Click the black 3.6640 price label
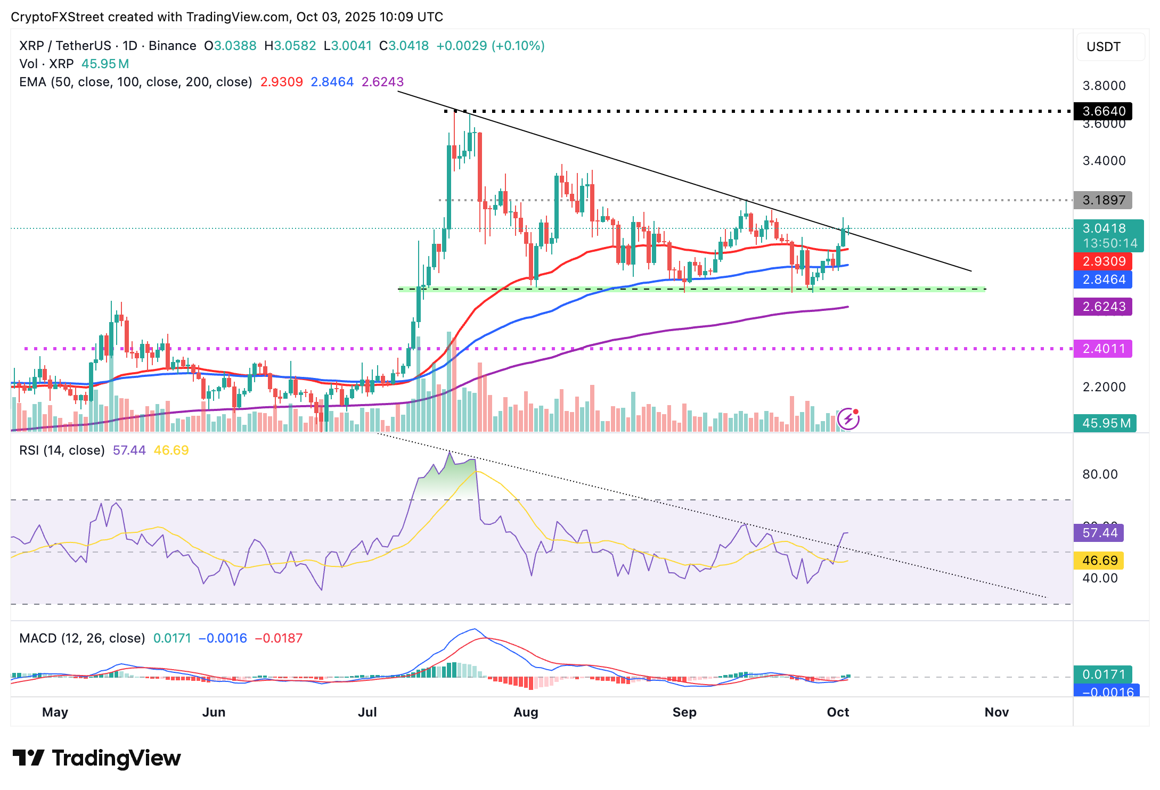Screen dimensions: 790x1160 click(1103, 111)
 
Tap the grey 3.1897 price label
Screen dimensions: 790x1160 click(1103, 200)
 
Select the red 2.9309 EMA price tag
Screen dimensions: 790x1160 click(1103, 261)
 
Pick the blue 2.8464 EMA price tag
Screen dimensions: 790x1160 click(1103, 279)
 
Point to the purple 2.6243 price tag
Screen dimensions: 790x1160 click(1103, 307)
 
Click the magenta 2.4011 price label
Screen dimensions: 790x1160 click(1103, 349)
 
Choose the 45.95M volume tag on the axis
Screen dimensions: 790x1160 click(1105, 423)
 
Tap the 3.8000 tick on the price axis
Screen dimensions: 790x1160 click(1104, 86)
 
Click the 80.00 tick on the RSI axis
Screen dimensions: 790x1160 click(1100, 474)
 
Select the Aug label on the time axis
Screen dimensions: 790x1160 click(526, 712)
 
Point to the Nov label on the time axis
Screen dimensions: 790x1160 click(996, 712)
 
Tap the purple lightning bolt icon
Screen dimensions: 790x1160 click(848, 419)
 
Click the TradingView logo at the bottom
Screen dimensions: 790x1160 click(96, 758)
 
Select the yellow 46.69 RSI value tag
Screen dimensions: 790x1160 click(1099, 561)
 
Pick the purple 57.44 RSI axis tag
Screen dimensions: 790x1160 click(1099, 533)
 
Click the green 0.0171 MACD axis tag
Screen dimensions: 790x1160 click(1103, 674)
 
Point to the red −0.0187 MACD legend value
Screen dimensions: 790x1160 click(279, 638)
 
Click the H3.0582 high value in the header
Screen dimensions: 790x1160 click(290, 46)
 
